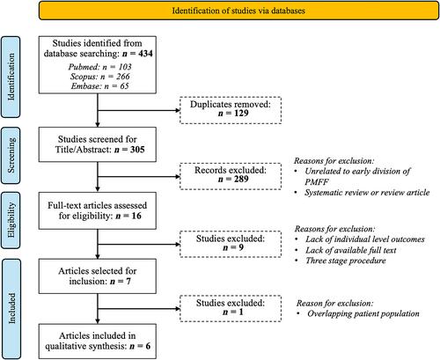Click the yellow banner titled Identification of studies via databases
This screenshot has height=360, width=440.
click(238, 11)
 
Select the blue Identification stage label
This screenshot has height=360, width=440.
click(11, 77)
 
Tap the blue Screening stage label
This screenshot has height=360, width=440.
click(11, 156)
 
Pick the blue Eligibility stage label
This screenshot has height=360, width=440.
click(11, 220)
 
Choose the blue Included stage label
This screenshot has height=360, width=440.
click(11, 309)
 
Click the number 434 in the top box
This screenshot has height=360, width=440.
click(145, 54)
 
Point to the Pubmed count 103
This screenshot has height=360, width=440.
click(125, 67)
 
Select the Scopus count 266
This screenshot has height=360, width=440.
click(122, 77)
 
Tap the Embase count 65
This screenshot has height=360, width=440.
click(124, 86)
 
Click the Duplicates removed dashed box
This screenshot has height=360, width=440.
click(231, 110)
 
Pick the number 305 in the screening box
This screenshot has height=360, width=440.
click(137, 150)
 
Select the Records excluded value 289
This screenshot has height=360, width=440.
click(241, 179)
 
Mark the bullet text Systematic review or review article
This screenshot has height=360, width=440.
click(367, 193)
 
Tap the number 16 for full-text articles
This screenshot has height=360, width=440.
click(136, 216)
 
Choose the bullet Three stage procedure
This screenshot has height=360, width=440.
click(346, 261)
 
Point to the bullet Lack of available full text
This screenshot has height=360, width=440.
click(351, 250)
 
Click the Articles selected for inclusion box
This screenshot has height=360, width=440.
click(98, 276)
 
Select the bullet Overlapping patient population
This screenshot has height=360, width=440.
click(363, 313)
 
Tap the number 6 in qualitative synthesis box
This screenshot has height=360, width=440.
click(148, 346)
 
